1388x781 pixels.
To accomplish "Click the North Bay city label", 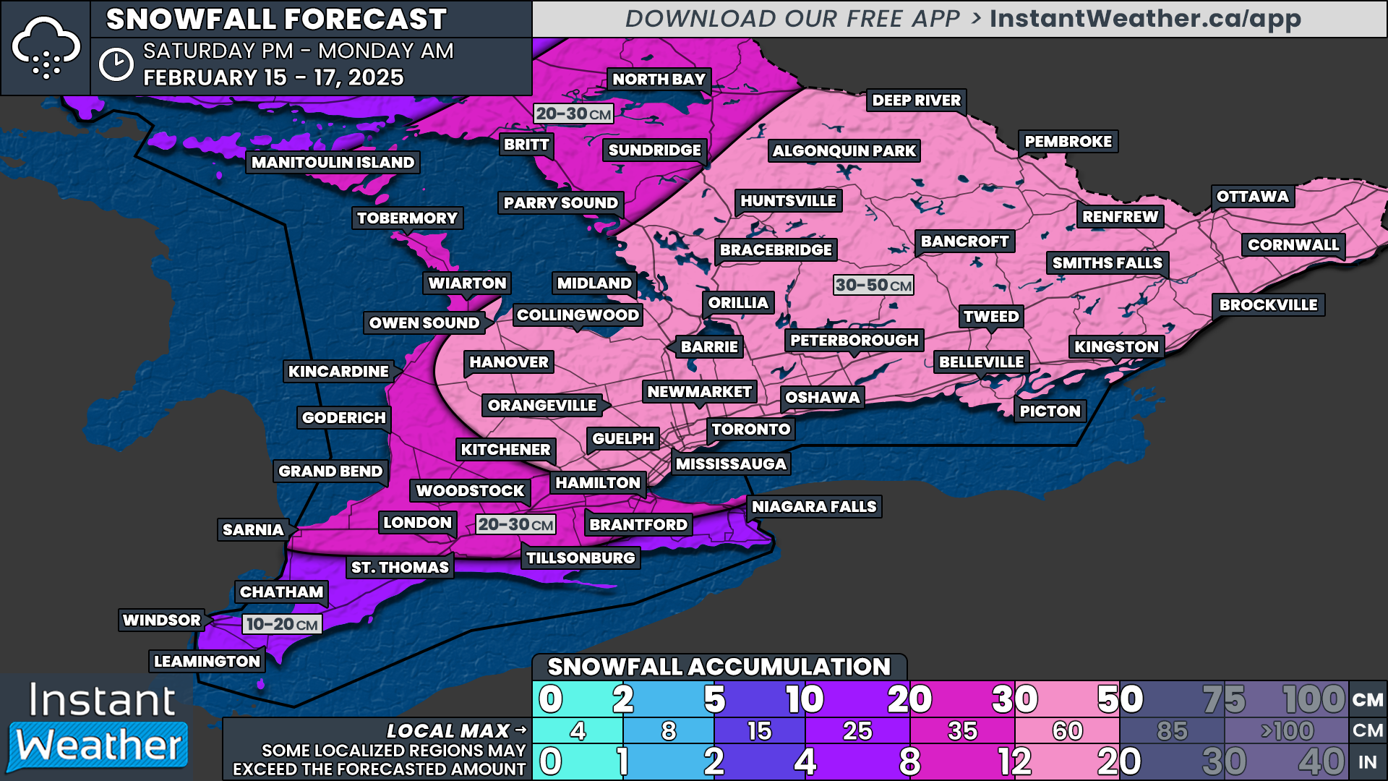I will [659, 80].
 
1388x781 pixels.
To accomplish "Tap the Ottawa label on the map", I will [1252, 197].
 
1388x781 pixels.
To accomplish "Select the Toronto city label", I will [750, 430].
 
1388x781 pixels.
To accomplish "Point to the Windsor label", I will [162, 620].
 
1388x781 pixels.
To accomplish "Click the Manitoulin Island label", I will [333, 163].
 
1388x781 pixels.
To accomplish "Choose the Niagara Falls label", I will [814, 507].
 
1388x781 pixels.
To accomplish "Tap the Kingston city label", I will [1116, 347].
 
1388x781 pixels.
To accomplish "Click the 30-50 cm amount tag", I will [873, 286].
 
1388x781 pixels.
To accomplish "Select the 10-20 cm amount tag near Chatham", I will [282, 625].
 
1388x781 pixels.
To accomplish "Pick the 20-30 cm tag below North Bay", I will [573, 114].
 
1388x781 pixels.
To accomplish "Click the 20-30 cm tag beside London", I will [515, 525].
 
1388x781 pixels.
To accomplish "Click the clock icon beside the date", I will [116, 65].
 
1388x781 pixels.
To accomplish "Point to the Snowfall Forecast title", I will [276, 20].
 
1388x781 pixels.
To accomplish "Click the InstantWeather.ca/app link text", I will [1145, 19].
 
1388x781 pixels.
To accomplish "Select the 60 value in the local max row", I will [1067, 731].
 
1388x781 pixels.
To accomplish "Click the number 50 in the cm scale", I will [1120, 699].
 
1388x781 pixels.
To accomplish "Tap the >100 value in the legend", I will [1287, 731].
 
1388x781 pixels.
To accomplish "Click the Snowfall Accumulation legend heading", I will [719, 667].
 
